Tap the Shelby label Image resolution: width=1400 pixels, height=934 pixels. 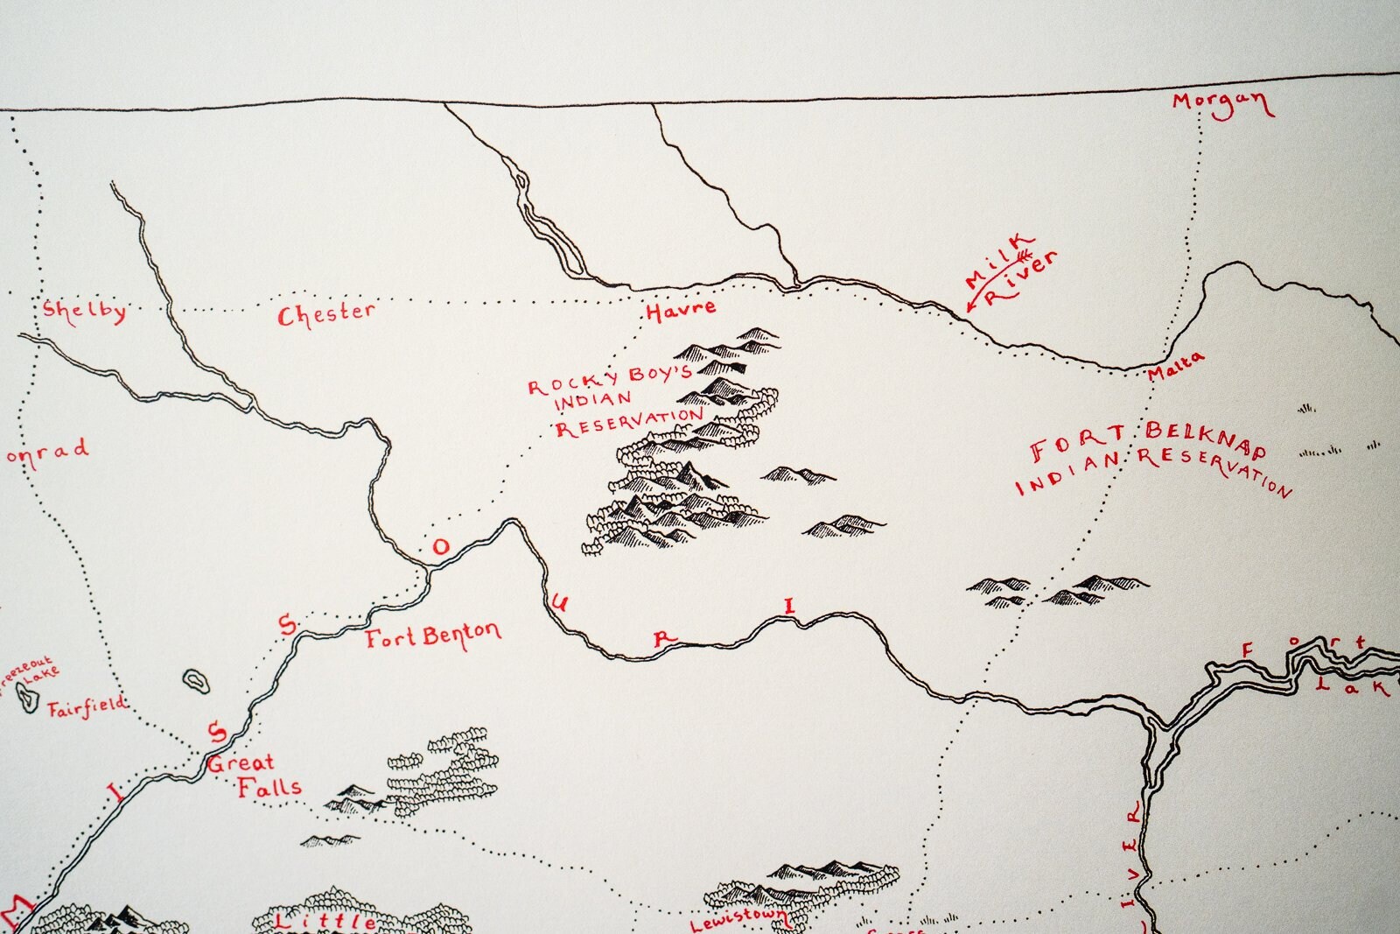[84, 311]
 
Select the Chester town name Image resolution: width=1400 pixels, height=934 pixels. [325, 313]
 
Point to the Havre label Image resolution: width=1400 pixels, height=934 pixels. [681, 309]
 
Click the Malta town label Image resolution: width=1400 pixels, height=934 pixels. [1175, 365]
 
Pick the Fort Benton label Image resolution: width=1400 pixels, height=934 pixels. [432, 636]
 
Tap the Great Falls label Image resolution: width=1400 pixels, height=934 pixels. [254, 776]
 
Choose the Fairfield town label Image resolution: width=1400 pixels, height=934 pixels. [86, 707]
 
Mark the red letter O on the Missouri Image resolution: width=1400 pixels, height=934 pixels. [440, 547]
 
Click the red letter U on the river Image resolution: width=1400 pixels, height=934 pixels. [560, 602]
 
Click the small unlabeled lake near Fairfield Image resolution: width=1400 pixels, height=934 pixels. [194, 681]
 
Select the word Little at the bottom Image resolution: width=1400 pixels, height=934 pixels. [325, 922]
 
